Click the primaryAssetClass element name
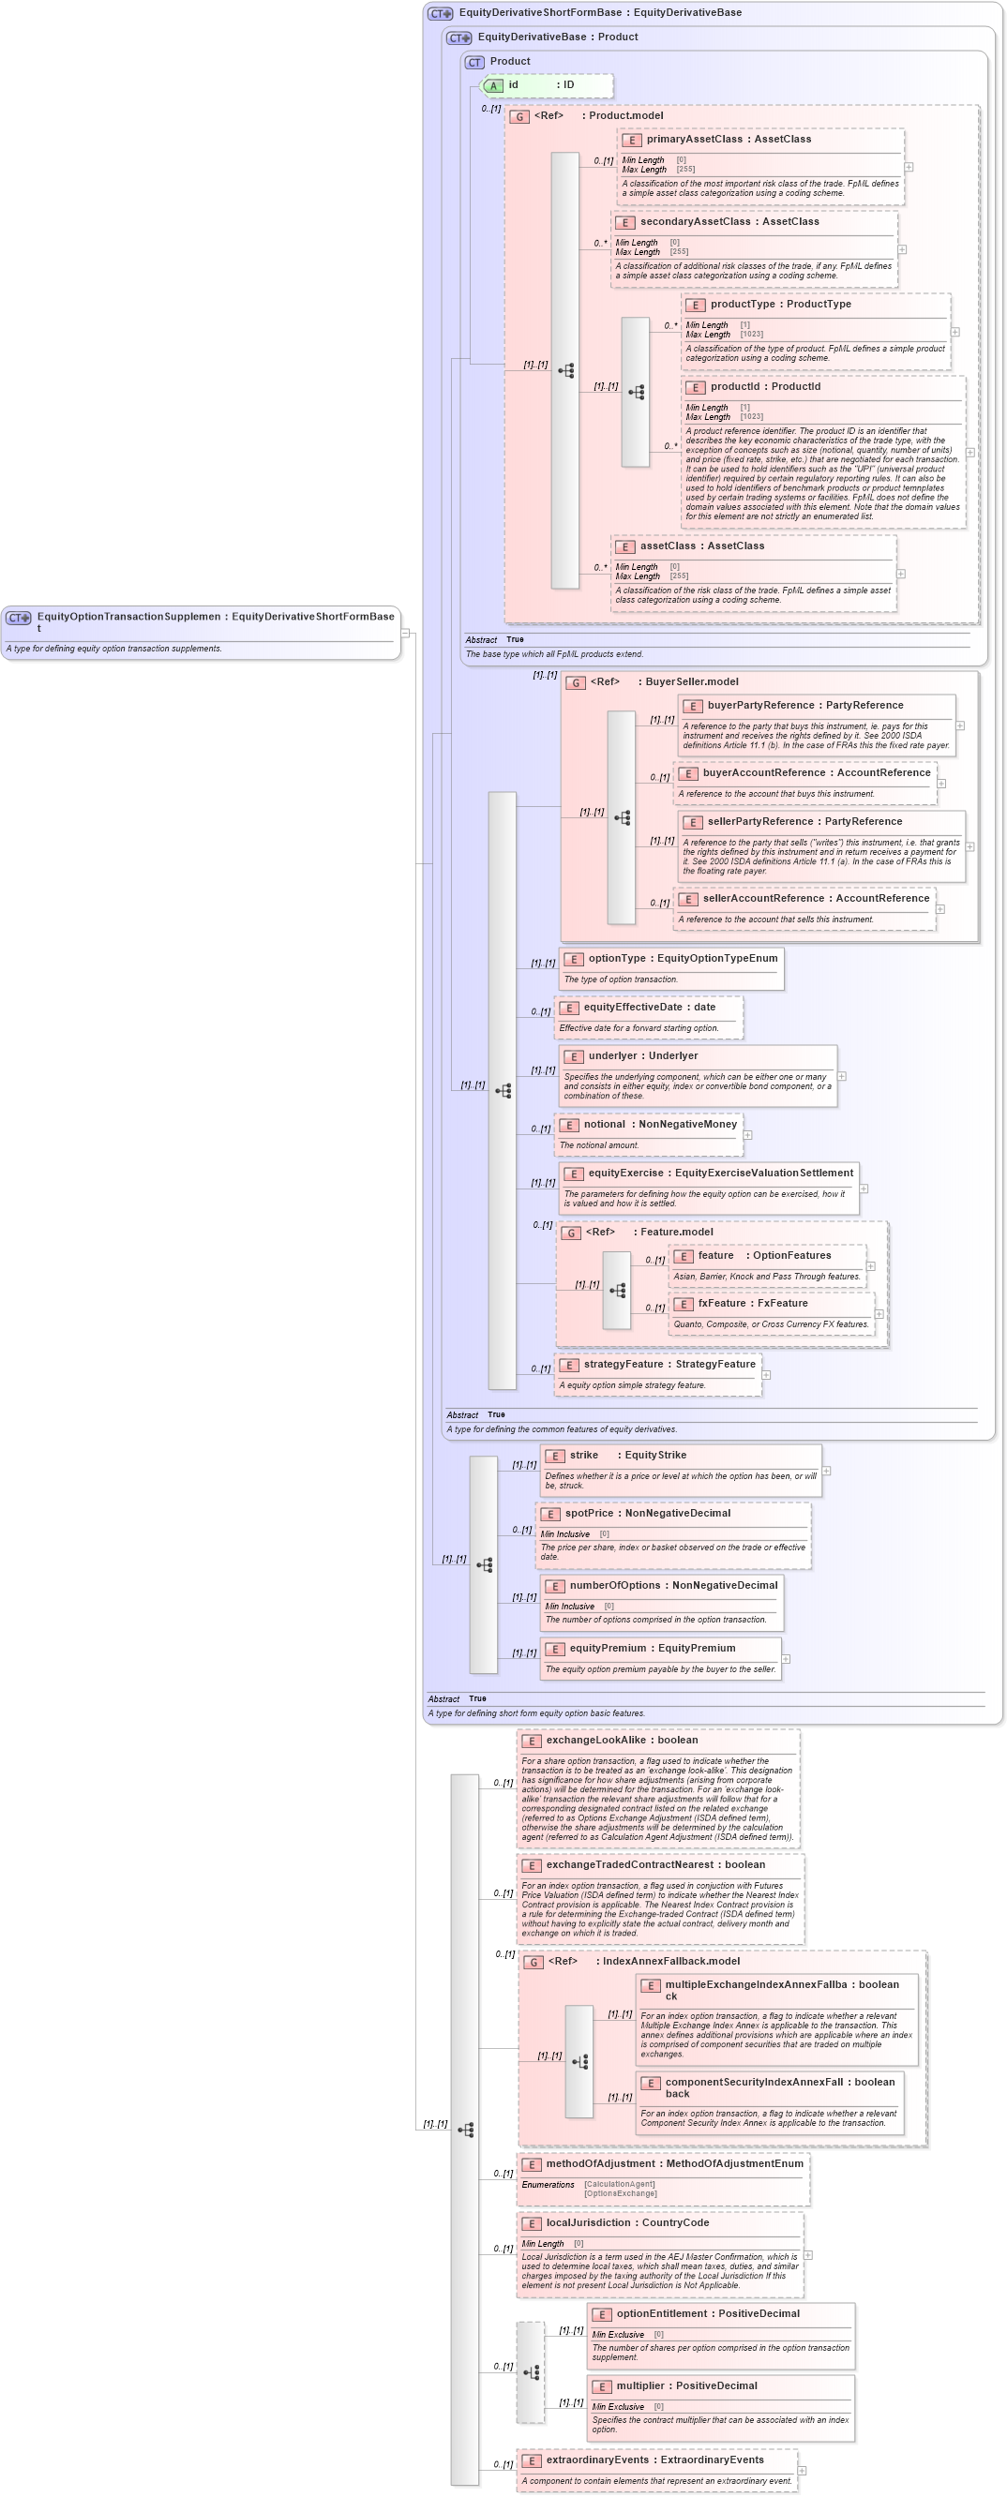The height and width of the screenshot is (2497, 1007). [694, 140]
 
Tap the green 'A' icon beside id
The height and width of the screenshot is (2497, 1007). [493, 86]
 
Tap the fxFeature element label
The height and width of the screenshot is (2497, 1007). [721, 1304]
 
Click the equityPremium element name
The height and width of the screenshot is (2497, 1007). [611, 1648]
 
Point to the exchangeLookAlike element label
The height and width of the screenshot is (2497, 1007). [595, 1740]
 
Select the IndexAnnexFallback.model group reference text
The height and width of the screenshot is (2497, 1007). [670, 1961]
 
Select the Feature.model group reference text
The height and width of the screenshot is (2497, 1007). [675, 1232]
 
